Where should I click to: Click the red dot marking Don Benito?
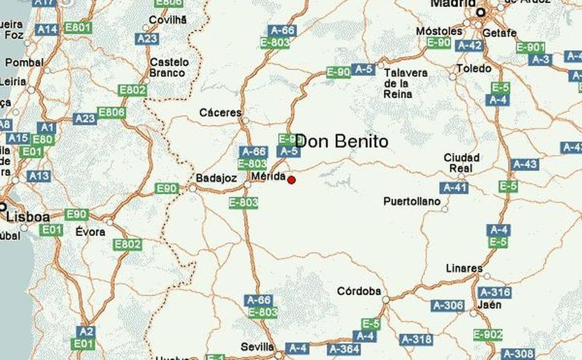point(291,180)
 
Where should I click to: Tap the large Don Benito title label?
point(341,141)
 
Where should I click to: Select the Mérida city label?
point(268,177)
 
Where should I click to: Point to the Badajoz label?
point(216,178)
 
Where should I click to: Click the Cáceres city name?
point(220,113)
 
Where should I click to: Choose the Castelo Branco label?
point(169,68)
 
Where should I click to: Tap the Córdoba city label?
point(359,291)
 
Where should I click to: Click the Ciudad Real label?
point(461,163)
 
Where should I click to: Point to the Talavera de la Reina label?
point(406,83)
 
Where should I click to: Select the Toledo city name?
point(474,68)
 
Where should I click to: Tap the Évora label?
point(91,232)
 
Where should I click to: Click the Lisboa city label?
point(28,217)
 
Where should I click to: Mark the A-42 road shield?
point(469,45)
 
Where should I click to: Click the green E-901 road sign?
point(531,48)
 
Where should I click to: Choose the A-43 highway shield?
point(524,164)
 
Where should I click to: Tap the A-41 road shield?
point(454,187)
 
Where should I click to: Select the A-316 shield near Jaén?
point(494,292)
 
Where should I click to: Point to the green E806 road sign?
point(111,113)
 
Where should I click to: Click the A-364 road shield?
point(344,349)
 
